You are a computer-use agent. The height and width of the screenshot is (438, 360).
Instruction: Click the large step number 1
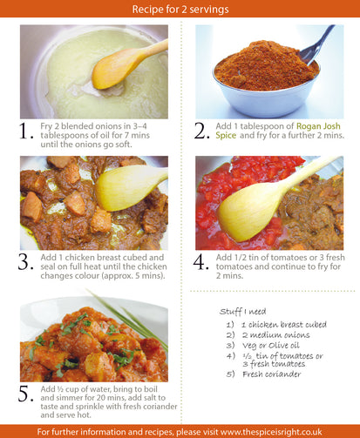[x=25, y=131]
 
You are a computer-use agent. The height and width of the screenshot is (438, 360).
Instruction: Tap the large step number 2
[x=201, y=131]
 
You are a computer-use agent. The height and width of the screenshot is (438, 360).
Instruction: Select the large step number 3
[x=25, y=262]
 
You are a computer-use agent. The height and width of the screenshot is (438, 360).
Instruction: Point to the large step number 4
[x=201, y=262]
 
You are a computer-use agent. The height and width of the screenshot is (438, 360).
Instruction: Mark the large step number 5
[x=26, y=394]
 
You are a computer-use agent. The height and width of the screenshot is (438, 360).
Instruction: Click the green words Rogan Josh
[x=318, y=126]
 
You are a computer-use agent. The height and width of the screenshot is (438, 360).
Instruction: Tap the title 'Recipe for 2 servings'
[x=180, y=9]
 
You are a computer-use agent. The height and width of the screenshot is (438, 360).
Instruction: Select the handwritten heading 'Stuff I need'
[x=242, y=312]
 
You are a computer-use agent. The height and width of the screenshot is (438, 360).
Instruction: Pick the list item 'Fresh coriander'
[x=272, y=374]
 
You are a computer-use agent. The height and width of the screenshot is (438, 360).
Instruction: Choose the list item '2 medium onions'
[x=276, y=335]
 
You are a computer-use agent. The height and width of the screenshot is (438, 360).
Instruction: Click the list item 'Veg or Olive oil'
[x=271, y=346]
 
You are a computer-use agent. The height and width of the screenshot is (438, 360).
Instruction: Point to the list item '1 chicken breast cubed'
[x=284, y=325]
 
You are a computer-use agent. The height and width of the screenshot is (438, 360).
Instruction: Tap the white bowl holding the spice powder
[x=266, y=94]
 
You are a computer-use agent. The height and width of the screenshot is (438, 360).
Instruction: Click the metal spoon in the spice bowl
[x=316, y=45]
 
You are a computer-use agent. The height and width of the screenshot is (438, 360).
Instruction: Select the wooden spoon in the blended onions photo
[x=125, y=65]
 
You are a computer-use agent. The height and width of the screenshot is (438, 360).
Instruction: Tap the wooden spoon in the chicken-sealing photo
[x=129, y=187]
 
